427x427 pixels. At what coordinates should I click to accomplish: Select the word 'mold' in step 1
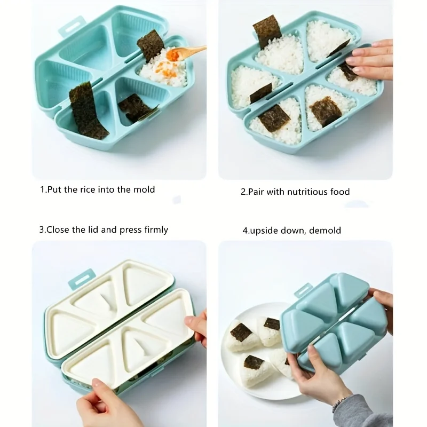click(144, 189)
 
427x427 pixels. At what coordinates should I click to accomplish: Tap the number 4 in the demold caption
click(245, 231)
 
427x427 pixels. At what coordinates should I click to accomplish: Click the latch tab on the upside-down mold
click(303, 290)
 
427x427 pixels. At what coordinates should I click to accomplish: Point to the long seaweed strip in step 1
click(86, 110)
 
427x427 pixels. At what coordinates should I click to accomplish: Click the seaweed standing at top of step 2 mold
click(267, 31)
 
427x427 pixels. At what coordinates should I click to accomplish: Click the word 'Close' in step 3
click(58, 230)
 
